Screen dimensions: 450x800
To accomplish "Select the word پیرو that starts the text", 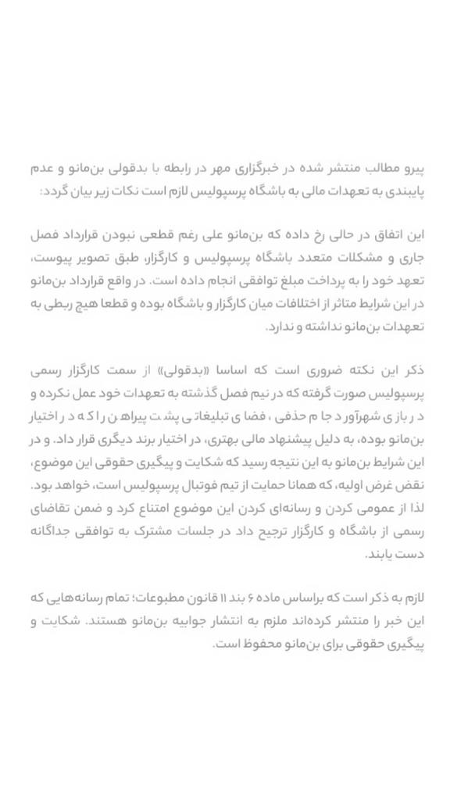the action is coord(409,167).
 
